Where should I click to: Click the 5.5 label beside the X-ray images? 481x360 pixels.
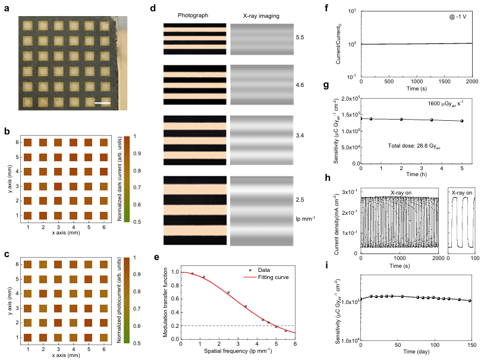click(300, 37)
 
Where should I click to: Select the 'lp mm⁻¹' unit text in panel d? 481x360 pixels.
click(301, 218)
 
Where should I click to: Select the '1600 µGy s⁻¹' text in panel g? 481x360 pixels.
click(445, 104)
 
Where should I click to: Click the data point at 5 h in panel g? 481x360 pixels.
click(461, 121)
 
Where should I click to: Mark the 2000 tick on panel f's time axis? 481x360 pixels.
click(471, 80)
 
